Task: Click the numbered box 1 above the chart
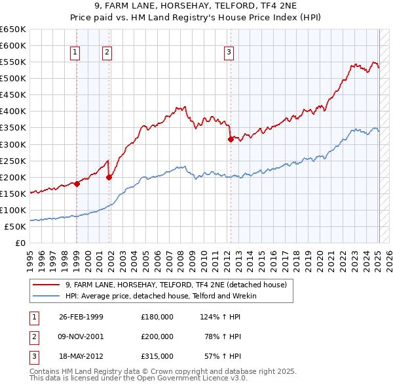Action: coord(75,53)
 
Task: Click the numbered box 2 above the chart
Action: coord(107,53)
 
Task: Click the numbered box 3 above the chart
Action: coord(229,53)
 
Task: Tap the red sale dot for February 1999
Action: coord(77,184)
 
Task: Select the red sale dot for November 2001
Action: coord(109,177)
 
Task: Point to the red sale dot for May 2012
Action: coord(231,139)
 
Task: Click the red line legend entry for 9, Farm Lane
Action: coord(176,285)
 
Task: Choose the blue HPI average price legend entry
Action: coord(160,296)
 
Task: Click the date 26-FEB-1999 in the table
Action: coord(81,317)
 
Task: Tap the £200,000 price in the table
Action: coord(157,336)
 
